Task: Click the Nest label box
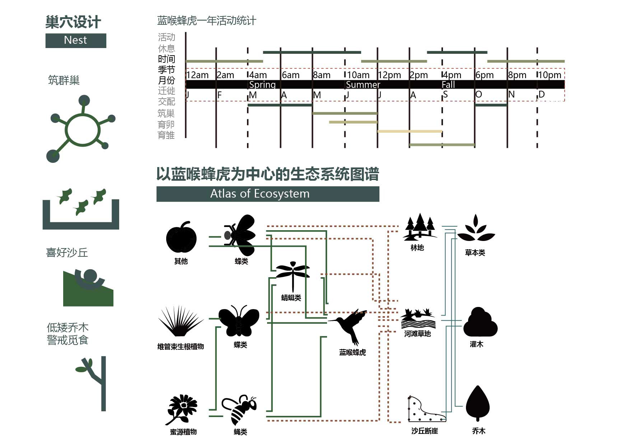(76, 40)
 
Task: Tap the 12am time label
(197, 75)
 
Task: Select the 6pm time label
(484, 75)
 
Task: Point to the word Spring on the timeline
(262, 85)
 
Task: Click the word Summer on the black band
(363, 85)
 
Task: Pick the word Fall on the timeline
(448, 85)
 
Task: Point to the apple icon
(181, 237)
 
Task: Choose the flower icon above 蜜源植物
(182, 409)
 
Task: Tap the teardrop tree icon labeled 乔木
(477, 403)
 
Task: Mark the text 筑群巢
(64, 80)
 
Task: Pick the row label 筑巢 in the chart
(166, 113)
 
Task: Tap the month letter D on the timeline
(542, 94)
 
